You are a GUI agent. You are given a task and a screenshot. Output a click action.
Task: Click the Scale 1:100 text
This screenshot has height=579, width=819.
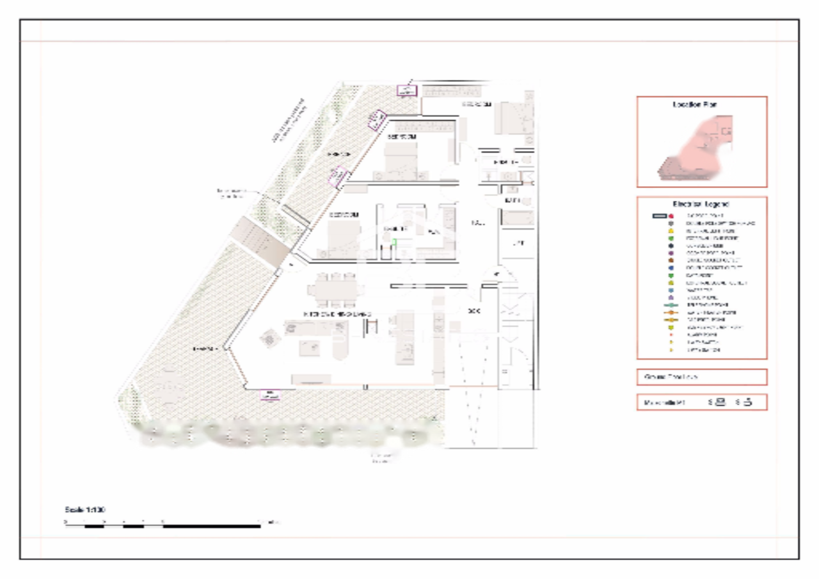[x=84, y=509]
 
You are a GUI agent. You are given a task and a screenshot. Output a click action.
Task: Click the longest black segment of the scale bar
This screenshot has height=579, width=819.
[x=211, y=526]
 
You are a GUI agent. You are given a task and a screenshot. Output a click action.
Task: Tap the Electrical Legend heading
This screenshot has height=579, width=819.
[x=700, y=204]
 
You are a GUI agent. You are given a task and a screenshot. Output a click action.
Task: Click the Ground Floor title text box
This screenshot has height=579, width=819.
[x=701, y=377]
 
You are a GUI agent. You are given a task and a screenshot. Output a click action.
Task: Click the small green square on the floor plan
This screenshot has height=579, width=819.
[x=395, y=242]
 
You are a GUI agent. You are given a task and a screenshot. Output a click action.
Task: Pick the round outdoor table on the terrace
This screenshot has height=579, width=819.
[x=168, y=386]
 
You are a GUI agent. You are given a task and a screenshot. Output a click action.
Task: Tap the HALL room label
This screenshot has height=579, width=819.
[x=477, y=223]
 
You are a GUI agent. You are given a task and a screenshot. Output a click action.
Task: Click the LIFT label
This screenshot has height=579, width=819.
[x=518, y=243]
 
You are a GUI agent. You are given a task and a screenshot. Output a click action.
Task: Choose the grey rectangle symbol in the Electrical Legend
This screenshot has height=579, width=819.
[x=661, y=216]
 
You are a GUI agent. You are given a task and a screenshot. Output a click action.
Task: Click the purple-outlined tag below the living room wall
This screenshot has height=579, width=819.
[x=269, y=395]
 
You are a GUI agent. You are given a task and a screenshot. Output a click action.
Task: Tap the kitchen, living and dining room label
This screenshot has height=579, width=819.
[x=337, y=314]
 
